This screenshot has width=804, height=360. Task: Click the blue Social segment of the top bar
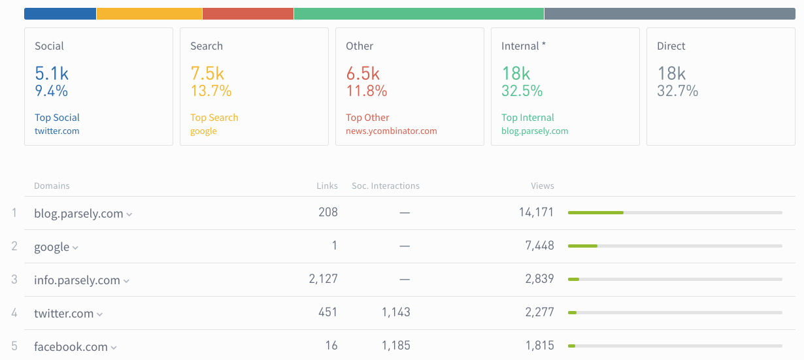[x=60, y=14]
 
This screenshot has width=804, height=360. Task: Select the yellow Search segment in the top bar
[x=149, y=14]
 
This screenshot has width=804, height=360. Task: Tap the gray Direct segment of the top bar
[x=669, y=14]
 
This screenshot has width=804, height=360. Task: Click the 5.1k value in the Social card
[x=51, y=73]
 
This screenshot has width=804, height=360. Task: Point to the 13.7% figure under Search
[x=210, y=91]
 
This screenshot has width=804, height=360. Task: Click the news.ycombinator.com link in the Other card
[x=391, y=131]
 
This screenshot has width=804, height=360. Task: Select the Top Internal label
[x=528, y=118]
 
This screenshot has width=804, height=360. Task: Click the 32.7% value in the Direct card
[x=677, y=91]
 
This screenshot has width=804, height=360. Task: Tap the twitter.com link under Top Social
[x=57, y=131]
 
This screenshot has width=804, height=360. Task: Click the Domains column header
[x=52, y=186]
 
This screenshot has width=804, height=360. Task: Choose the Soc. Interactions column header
[x=385, y=186]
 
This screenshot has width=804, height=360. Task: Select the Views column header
[x=542, y=186]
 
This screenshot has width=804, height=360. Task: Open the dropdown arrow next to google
[x=75, y=248]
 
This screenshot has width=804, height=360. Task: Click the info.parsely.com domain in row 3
[x=76, y=280]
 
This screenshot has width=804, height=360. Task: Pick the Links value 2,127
[x=323, y=279]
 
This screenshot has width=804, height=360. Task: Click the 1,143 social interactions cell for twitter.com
[x=395, y=312]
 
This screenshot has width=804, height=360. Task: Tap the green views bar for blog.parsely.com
[x=595, y=212]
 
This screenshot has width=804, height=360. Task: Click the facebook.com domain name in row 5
[x=71, y=347]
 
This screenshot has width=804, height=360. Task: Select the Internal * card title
[x=523, y=46]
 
